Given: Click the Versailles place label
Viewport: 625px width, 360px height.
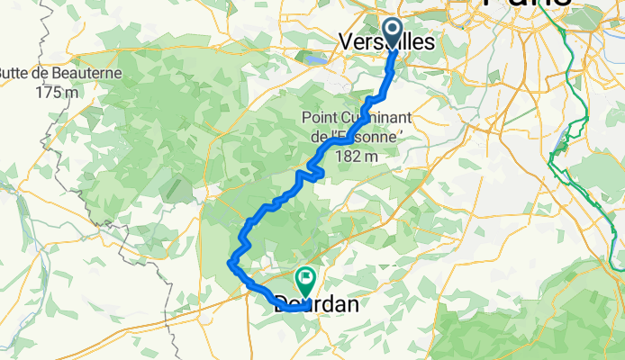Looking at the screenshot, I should click(x=386, y=42).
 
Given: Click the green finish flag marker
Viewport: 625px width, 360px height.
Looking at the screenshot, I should click(x=305, y=281).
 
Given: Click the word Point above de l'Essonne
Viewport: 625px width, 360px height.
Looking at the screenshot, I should click(x=323, y=117).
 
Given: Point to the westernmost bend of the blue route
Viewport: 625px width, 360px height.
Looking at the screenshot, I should click(x=230, y=262).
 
